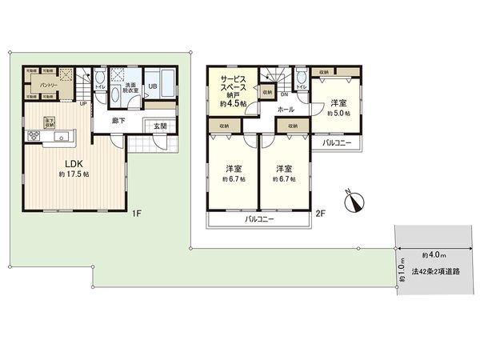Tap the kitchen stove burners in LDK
tap(35, 137)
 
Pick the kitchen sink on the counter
tap(61, 138)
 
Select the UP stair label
tap(83, 103)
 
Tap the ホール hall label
tap(285, 108)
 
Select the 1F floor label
tap(137, 214)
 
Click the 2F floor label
tap(320, 214)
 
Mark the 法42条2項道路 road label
tap(436, 272)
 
